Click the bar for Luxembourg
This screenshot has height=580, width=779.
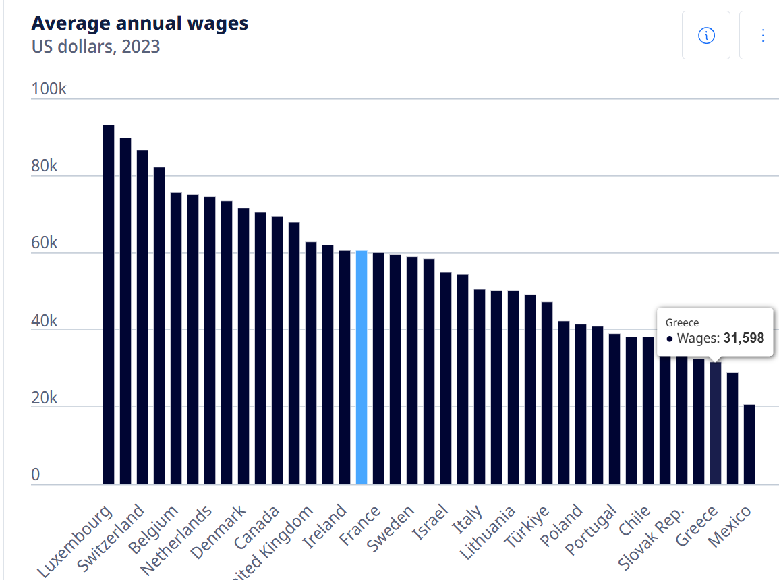[109, 304]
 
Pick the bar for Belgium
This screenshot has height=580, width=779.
[176, 338]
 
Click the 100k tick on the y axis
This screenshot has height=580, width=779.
[49, 90]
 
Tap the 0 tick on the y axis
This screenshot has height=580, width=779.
[36, 475]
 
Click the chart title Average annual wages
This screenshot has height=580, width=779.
[140, 23]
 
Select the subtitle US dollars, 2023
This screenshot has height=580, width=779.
[96, 47]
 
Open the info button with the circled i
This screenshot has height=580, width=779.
[706, 35]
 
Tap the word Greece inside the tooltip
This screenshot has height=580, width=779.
[682, 323]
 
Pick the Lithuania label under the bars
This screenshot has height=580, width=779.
[488, 533]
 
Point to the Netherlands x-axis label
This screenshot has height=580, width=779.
[176, 540]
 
